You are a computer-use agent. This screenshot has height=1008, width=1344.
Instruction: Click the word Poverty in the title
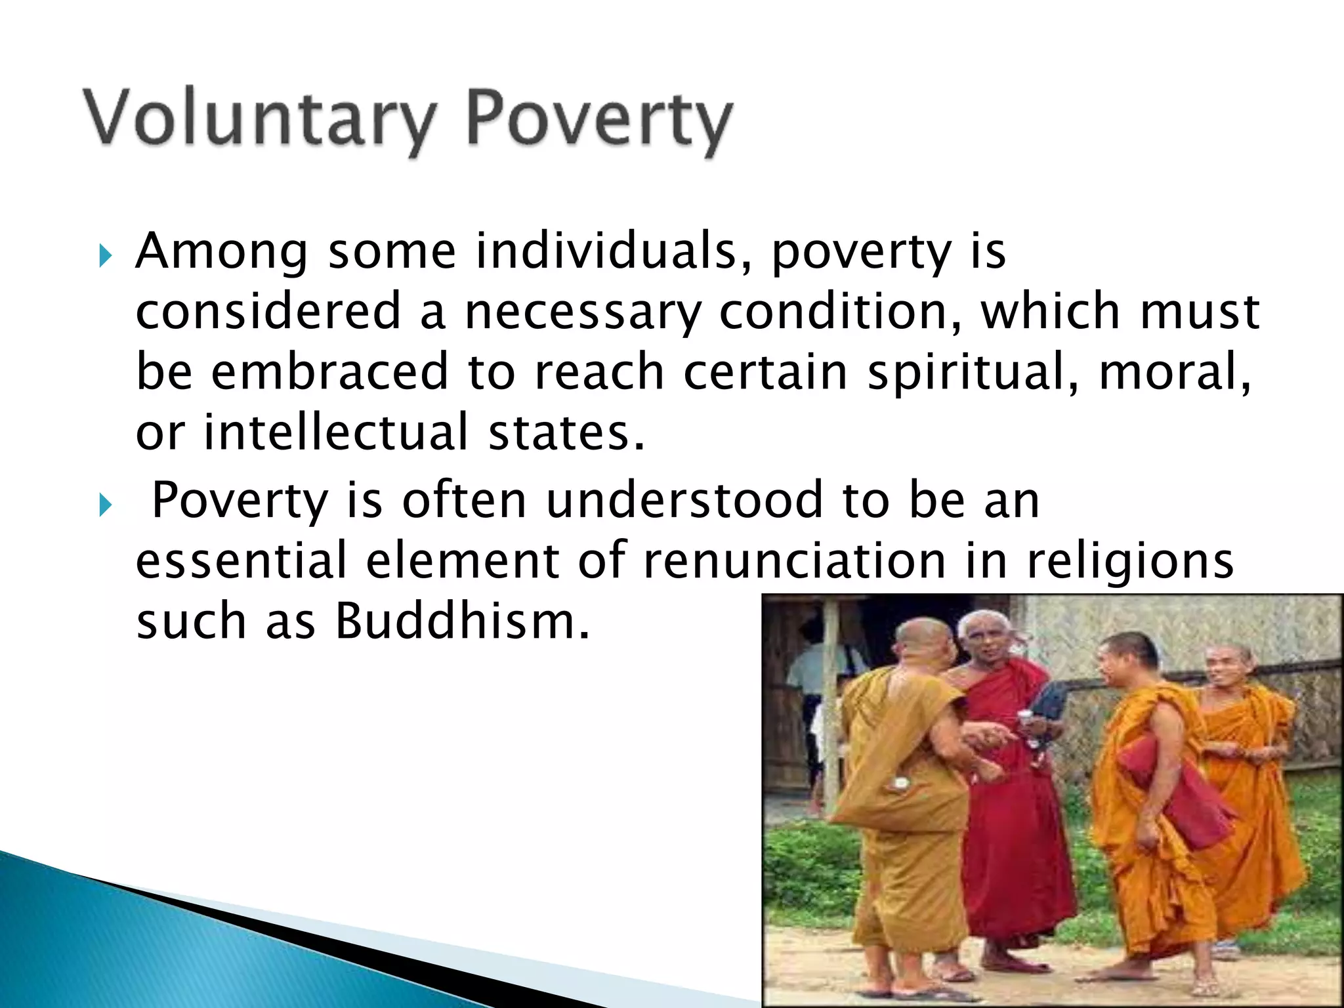pos(598,121)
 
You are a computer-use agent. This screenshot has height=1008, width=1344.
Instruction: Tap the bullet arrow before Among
pos(105,255)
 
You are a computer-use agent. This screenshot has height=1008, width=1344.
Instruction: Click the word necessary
pos(583,312)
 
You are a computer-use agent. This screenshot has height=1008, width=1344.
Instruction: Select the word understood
pos(684,500)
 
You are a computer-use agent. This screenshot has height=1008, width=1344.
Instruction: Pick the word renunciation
pos(794,560)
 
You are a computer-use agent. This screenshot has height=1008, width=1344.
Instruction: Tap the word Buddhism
pos(461,621)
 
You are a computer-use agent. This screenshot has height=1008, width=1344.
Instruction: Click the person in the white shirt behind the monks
pos(814,676)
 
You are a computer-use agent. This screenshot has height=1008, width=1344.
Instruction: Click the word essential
pos(241,560)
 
